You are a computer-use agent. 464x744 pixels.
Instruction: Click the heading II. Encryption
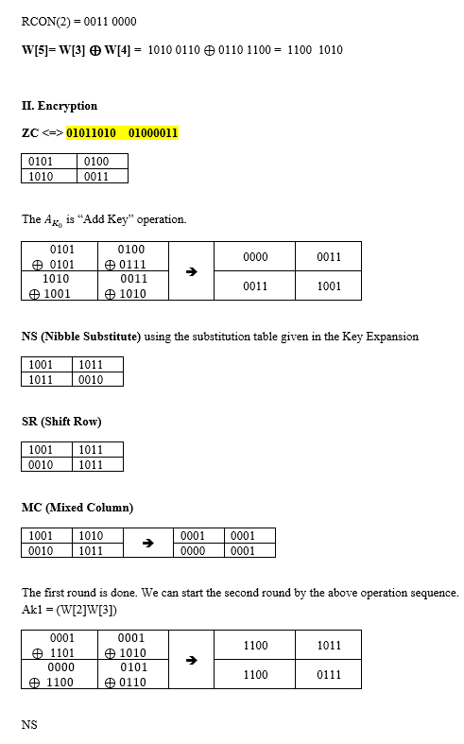tap(59, 106)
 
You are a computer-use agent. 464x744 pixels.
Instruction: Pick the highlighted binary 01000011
tap(152, 133)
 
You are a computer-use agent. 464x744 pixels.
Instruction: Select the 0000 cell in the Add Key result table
tap(255, 257)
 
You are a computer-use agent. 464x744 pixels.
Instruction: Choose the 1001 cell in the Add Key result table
tap(330, 285)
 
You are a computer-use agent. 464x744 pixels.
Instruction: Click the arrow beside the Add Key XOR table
tap(190, 271)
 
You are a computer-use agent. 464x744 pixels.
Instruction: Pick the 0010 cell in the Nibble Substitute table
tap(92, 380)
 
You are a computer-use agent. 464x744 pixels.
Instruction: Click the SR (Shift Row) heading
tap(60, 422)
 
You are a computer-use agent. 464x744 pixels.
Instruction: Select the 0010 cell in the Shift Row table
tap(42, 465)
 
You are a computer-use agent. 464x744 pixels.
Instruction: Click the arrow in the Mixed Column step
tap(147, 544)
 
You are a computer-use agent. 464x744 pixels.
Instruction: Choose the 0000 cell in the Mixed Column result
tap(194, 551)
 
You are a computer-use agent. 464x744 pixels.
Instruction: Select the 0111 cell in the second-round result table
tap(330, 675)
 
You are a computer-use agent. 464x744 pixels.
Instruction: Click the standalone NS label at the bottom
tap(29, 725)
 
